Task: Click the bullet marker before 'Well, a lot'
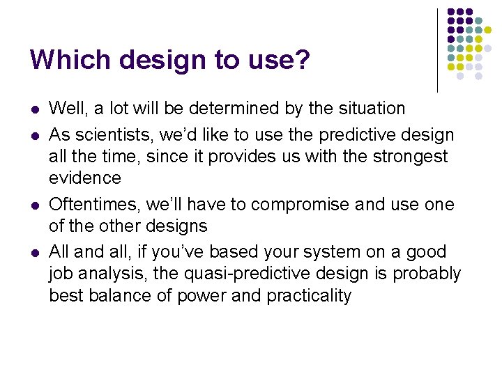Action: coord(34,109)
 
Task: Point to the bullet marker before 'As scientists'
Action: coord(34,136)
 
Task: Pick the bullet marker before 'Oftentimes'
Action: coord(34,205)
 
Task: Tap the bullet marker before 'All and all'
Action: coord(34,253)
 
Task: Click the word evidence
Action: coord(85,178)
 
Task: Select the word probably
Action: coord(427,274)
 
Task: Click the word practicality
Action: coord(308,295)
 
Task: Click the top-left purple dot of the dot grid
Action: coord(451,13)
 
